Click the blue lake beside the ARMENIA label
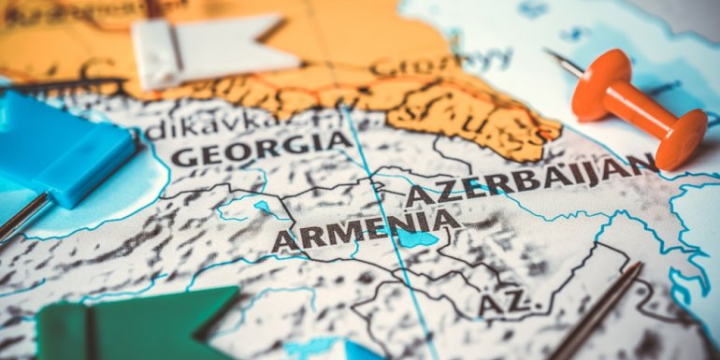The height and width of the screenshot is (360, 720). tap(417, 238)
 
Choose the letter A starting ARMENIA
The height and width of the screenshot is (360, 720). tap(283, 241)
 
